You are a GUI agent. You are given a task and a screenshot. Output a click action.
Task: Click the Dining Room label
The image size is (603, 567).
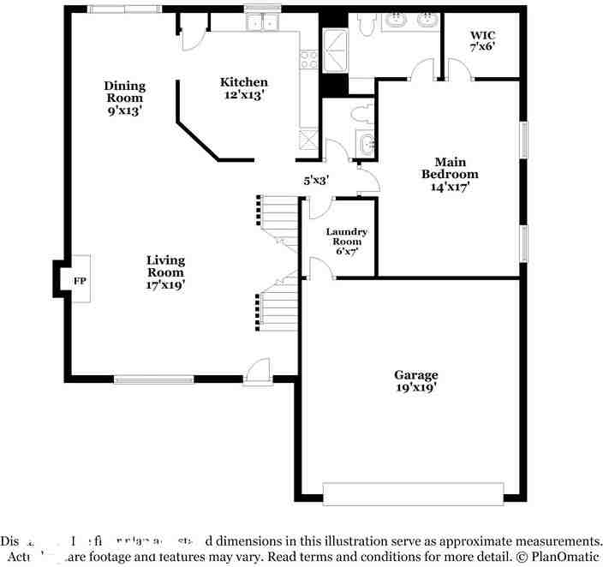point(125,98)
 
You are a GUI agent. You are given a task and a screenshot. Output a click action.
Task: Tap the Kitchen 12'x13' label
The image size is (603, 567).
point(244,89)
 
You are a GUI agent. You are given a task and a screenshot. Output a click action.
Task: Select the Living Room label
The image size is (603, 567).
point(165,272)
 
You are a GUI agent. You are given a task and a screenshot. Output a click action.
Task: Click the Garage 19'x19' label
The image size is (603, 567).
point(415,380)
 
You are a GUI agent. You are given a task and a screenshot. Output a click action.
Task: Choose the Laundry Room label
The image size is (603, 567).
point(347,242)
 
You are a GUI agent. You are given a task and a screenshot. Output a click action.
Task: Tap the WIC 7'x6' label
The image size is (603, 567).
point(483,42)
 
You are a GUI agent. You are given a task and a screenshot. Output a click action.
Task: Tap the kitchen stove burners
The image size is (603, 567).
point(308,59)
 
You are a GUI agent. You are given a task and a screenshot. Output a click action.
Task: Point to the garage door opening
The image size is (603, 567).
point(412,494)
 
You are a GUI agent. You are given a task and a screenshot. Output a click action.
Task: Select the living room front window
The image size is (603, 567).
point(154,379)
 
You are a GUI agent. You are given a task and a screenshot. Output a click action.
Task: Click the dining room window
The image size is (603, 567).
point(124,10)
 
